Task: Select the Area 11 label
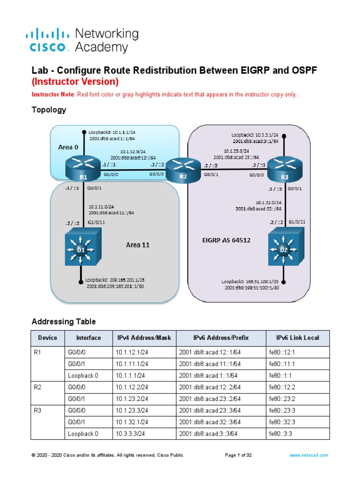(x=137, y=245)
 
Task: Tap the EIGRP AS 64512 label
(x=226, y=240)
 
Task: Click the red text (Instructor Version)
(x=75, y=82)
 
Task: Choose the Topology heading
(x=49, y=110)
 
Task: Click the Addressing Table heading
(x=63, y=322)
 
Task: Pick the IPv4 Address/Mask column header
(x=143, y=338)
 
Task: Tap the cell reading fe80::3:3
(x=280, y=434)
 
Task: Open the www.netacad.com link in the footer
(x=309, y=455)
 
